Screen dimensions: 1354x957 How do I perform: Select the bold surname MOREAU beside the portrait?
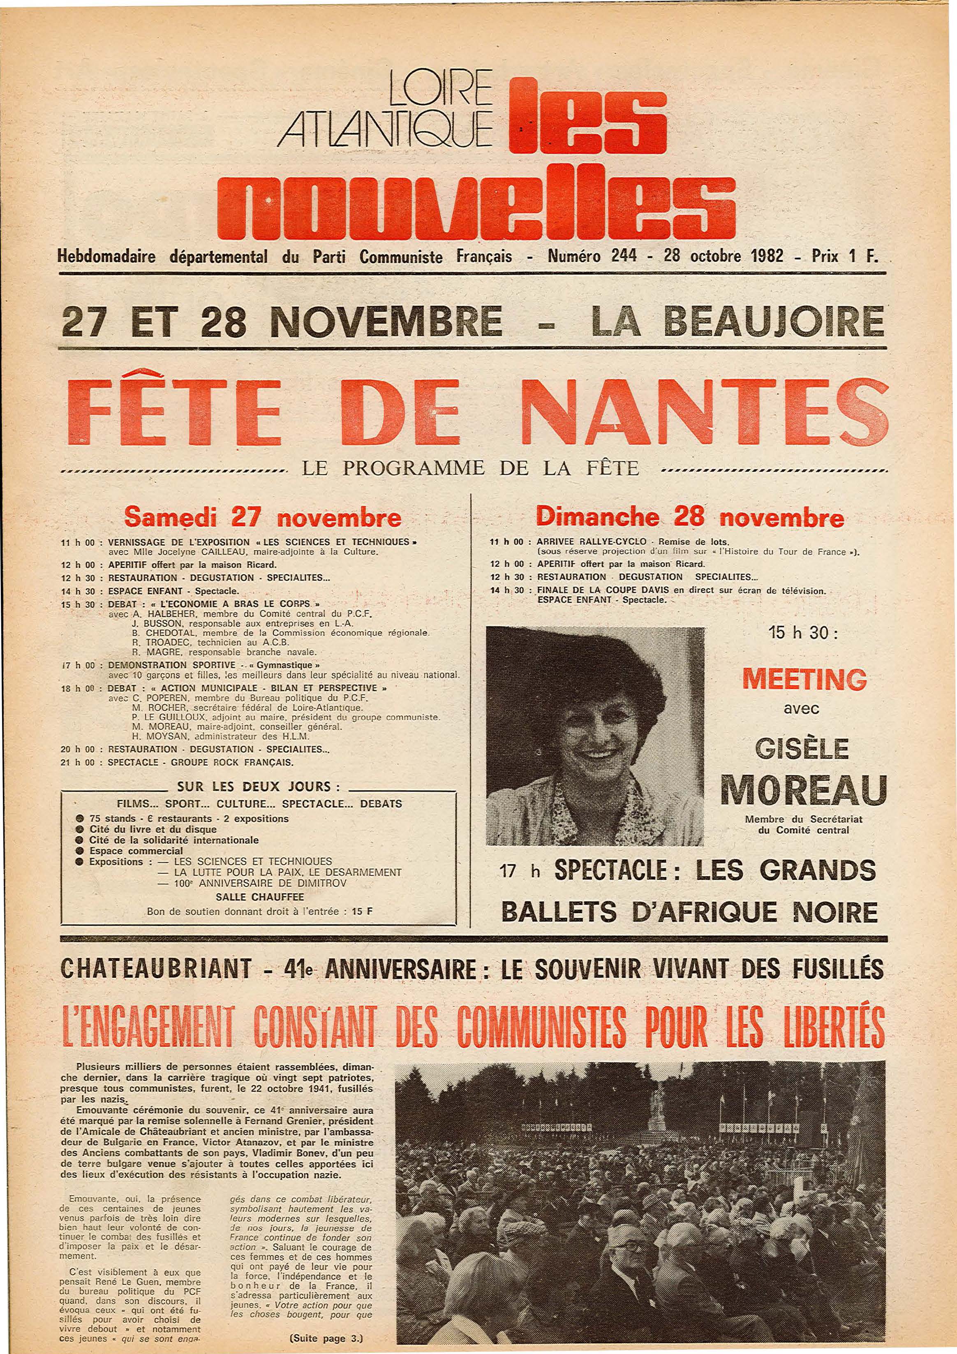[x=804, y=790]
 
